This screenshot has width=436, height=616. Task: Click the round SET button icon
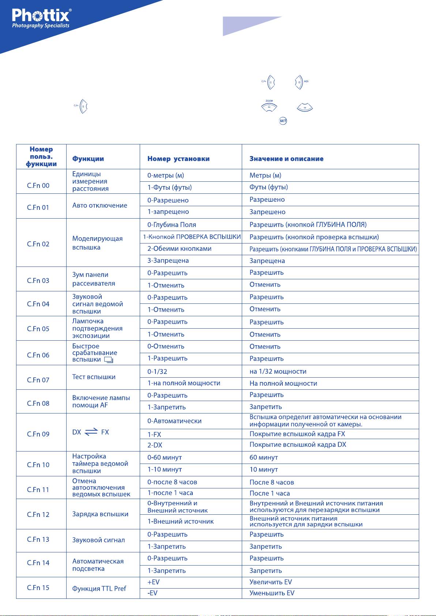[x=283, y=121]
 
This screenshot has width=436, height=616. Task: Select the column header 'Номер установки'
[x=178, y=159]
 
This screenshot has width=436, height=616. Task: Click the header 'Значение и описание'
[x=286, y=159]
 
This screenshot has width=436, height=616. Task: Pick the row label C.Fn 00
[x=38, y=185]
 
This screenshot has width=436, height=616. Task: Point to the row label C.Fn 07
[x=38, y=380]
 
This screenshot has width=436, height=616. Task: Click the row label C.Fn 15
[x=38, y=587]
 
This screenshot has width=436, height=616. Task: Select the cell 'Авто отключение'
[x=99, y=205]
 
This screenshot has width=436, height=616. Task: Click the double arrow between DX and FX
[x=91, y=432]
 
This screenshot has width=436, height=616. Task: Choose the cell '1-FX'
[x=154, y=435]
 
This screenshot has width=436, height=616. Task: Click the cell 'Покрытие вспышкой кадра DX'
[x=297, y=445]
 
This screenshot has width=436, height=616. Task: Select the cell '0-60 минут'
[x=164, y=457]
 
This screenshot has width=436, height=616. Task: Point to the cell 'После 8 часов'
[x=271, y=483]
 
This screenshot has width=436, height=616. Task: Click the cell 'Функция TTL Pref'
[x=99, y=589]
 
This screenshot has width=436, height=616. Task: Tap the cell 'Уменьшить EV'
[x=271, y=593]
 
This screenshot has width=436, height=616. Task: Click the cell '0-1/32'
[x=157, y=371]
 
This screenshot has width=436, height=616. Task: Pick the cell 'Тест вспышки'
[x=94, y=377]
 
